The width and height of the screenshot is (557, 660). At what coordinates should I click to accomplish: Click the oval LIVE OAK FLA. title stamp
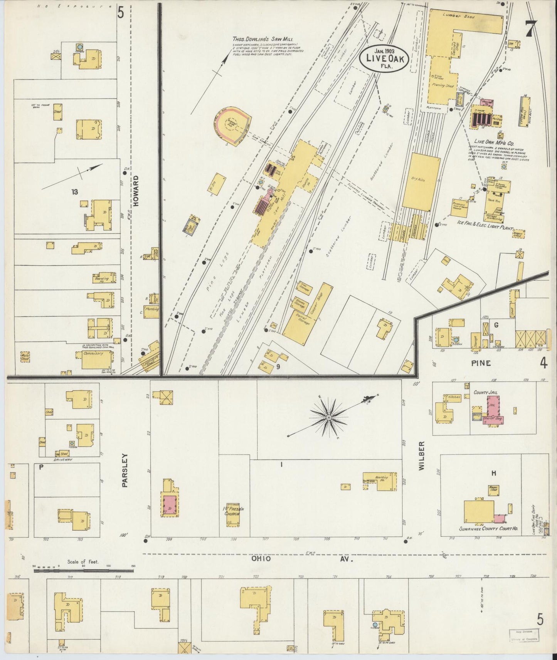tap(382, 59)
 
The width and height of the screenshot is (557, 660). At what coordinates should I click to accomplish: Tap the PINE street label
tap(481, 363)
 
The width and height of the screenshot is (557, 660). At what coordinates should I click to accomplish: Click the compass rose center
tap(329, 417)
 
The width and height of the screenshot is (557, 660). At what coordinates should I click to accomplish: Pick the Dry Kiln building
tap(421, 181)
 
